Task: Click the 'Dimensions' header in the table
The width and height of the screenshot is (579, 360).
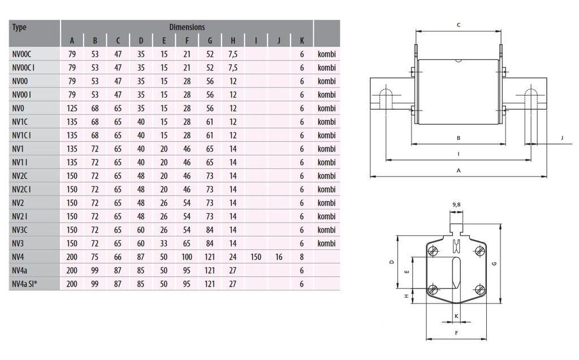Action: pyautogui.click(x=187, y=27)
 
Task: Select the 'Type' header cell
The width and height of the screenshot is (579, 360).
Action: pyautogui.click(x=20, y=27)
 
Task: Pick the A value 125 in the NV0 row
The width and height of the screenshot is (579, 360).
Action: pyautogui.click(x=72, y=108)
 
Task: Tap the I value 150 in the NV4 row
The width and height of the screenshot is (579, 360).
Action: pyautogui.click(x=256, y=257)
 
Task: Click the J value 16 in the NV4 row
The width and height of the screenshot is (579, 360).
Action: pyautogui.click(x=279, y=257)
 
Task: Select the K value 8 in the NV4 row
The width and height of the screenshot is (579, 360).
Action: pyautogui.click(x=302, y=257)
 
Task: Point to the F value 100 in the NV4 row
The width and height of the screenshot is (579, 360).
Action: pyautogui.click(x=187, y=257)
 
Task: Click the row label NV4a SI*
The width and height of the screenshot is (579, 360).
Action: pyautogui.click(x=26, y=284)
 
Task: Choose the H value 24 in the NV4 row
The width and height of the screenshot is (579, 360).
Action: pyautogui.click(x=233, y=257)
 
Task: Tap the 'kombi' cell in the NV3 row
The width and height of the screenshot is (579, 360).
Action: pyautogui.click(x=326, y=244)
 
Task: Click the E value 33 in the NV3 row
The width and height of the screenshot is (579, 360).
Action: pyautogui.click(x=164, y=244)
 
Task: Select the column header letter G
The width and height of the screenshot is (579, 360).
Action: pyautogui.click(x=210, y=40)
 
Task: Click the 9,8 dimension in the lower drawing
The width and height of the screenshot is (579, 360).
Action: pyautogui.click(x=456, y=204)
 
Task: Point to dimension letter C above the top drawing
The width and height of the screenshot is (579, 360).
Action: pyautogui.click(x=458, y=25)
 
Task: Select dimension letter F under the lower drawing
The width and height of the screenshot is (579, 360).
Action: pyautogui.click(x=456, y=333)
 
